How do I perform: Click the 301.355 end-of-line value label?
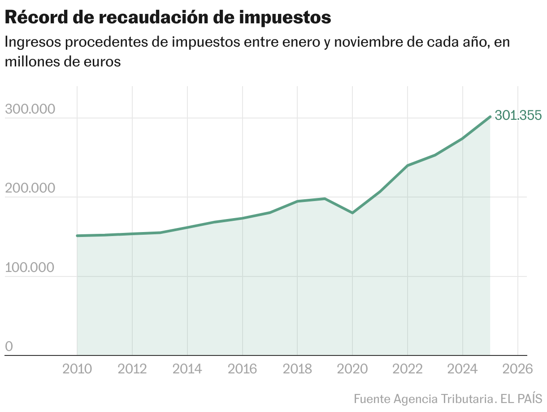coord(518,116)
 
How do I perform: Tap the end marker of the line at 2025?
coord(490,117)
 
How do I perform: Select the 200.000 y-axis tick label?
coord(30,189)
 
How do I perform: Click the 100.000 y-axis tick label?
coord(30,268)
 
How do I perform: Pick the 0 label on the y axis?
coord(9,347)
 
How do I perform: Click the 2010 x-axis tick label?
coord(77,369)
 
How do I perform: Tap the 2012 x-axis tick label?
coord(132,369)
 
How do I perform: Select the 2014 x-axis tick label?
coord(187,369)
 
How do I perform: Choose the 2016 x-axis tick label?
coord(243,369)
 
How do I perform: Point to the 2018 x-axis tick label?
coord(298,369)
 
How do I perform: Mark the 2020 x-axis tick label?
coord(353,369)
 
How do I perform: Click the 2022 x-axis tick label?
coord(408,369)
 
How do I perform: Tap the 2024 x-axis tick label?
coord(463,369)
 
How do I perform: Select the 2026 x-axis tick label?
coord(518,369)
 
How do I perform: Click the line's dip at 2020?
coord(352,213)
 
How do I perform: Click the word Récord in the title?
coord(35,18)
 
